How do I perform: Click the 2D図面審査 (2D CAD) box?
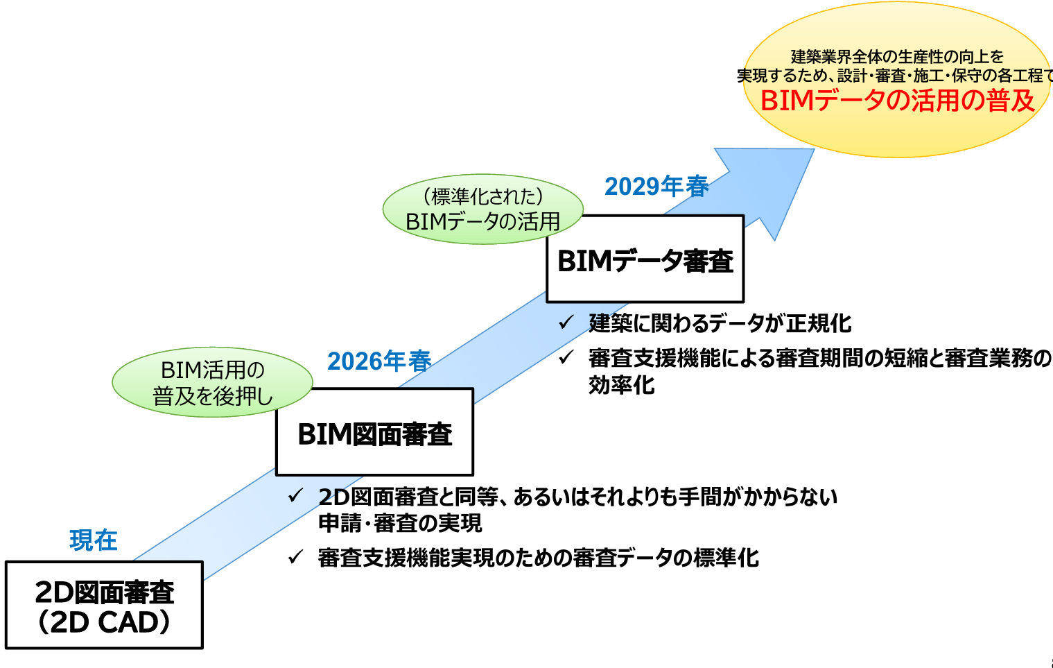104,605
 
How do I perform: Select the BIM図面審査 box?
374,432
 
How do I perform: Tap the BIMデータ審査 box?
645,259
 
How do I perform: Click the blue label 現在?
94,540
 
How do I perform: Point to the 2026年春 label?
379,361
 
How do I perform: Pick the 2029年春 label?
656,186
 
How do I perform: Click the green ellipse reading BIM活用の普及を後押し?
212,382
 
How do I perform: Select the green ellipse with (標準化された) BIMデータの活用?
482,209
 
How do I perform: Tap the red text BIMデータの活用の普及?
897,101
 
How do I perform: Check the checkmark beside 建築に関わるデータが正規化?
566,323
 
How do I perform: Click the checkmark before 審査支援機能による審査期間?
566,357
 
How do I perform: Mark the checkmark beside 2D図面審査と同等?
296,496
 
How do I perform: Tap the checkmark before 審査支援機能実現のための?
296,557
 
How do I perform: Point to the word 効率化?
621,385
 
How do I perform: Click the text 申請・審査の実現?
400,523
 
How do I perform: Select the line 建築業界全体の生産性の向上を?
897,57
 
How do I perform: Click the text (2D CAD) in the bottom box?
104,622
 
